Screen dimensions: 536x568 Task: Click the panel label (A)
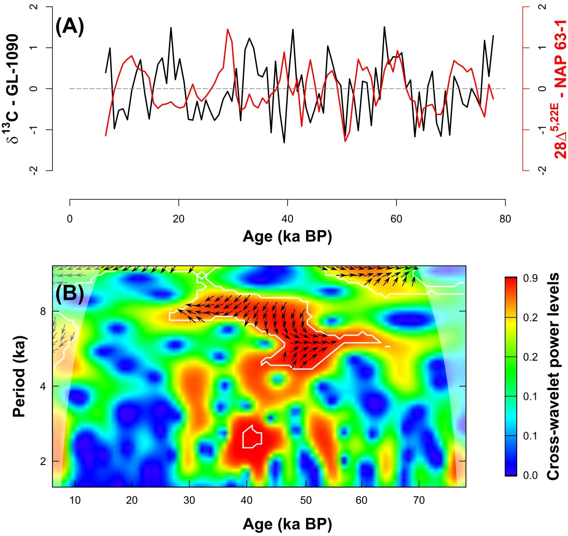[69, 27]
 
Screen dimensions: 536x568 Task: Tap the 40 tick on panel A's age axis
[287, 219]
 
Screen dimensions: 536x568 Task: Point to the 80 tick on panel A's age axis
[505, 219]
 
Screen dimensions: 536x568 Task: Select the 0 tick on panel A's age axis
[70, 219]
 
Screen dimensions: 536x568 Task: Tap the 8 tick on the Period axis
[43, 311]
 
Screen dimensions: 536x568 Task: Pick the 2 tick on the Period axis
[43, 461]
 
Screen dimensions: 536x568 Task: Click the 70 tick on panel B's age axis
[419, 500]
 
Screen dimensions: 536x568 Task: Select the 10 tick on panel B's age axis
[75, 500]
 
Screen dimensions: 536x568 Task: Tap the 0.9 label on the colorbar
[530, 278]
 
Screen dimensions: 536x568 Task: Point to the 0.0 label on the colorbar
[530, 475]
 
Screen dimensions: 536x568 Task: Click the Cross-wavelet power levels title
[553, 376]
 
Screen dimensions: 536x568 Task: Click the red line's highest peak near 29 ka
[228, 30]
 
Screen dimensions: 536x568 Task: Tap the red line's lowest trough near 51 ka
[346, 141]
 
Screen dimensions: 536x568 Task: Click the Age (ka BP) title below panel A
[287, 236]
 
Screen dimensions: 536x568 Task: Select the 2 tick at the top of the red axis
[543, 7]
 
